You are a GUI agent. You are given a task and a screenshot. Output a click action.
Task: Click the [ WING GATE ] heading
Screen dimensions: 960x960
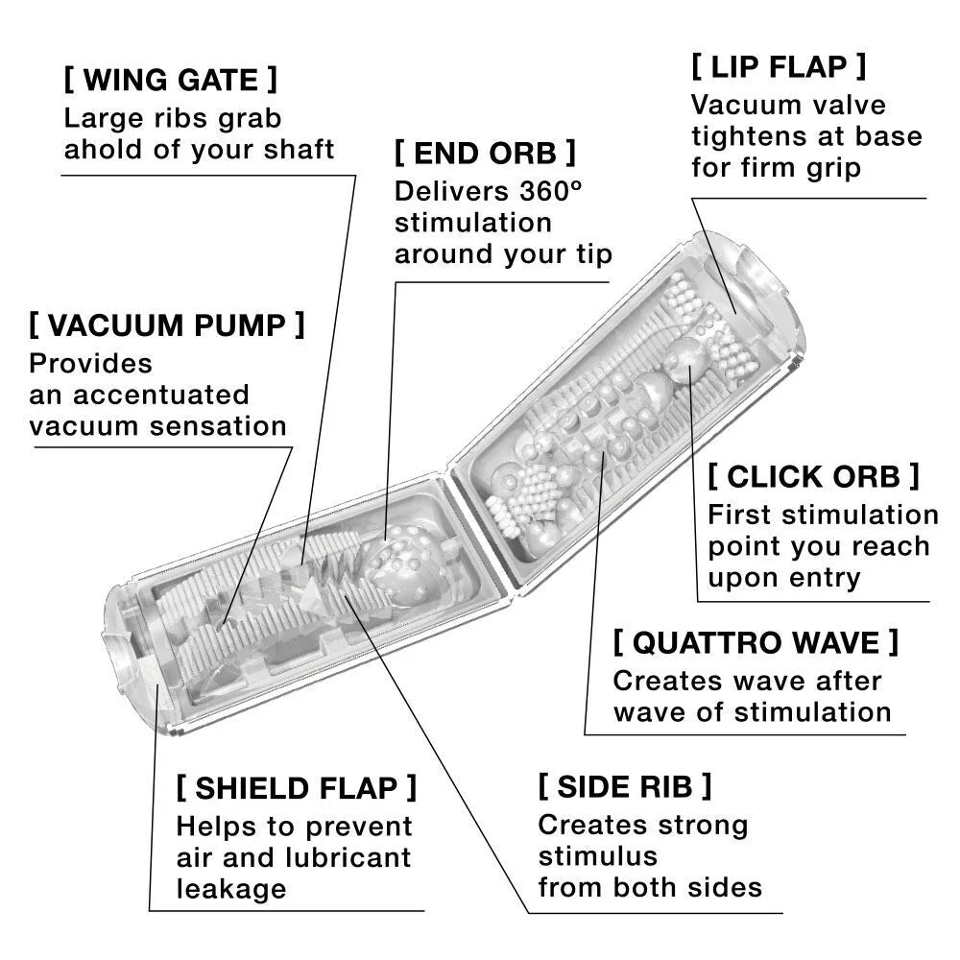click(170, 79)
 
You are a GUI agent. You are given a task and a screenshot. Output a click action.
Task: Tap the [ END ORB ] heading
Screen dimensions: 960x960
click(485, 153)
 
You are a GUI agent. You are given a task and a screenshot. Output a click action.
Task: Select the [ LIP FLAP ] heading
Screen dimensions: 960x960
click(779, 66)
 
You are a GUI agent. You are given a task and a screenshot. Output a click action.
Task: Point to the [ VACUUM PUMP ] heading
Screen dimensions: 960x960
click(166, 325)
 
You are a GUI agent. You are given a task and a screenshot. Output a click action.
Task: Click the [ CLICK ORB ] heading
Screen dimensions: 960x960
click(813, 475)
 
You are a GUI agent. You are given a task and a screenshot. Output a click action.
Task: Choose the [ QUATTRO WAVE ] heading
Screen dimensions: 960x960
click(756, 641)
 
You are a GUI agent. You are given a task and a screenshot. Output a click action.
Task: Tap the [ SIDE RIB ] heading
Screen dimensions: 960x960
click(625, 786)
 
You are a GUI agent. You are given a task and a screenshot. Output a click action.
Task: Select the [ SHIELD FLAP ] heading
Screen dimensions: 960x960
click(297, 788)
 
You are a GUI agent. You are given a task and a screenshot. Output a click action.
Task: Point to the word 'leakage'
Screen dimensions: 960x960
click(231, 888)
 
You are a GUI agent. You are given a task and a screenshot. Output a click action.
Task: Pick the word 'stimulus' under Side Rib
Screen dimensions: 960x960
click(597, 855)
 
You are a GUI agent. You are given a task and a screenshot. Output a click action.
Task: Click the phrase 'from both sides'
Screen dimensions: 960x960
click(650, 886)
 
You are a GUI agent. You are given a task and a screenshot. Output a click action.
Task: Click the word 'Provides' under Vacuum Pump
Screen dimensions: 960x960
click(91, 364)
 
